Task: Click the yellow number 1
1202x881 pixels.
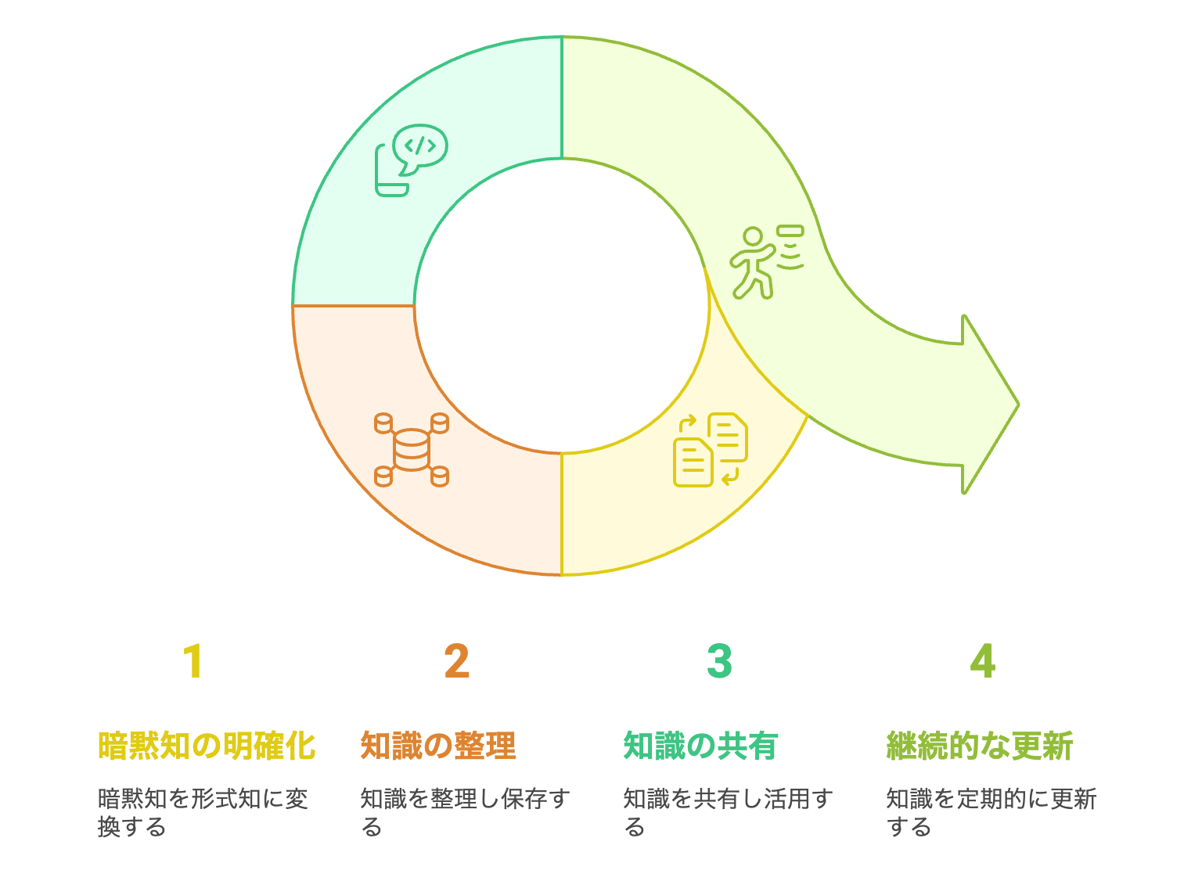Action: [193, 661]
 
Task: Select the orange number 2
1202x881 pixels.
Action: [457, 661]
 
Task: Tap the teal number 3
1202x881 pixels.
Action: [719, 661]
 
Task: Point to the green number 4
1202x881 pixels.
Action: [982, 661]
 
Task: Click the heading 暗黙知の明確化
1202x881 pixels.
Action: [207, 746]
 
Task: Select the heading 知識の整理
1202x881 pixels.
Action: [438, 746]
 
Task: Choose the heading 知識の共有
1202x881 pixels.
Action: [700, 746]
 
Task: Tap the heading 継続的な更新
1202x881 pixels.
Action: [979, 746]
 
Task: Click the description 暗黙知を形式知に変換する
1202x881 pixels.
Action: [203, 812]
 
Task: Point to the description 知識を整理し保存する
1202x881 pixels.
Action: [465, 812]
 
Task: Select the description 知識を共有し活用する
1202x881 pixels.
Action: [728, 812]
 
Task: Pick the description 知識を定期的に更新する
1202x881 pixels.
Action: [991, 812]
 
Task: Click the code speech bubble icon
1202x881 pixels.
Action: [411, 160]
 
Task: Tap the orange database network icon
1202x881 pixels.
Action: [412, 450]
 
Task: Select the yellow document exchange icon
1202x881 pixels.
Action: [711, 450]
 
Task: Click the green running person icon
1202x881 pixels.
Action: [765, 262]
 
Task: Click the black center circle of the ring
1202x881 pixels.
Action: [561, 306]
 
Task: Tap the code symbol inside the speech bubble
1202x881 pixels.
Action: [420, 146]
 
